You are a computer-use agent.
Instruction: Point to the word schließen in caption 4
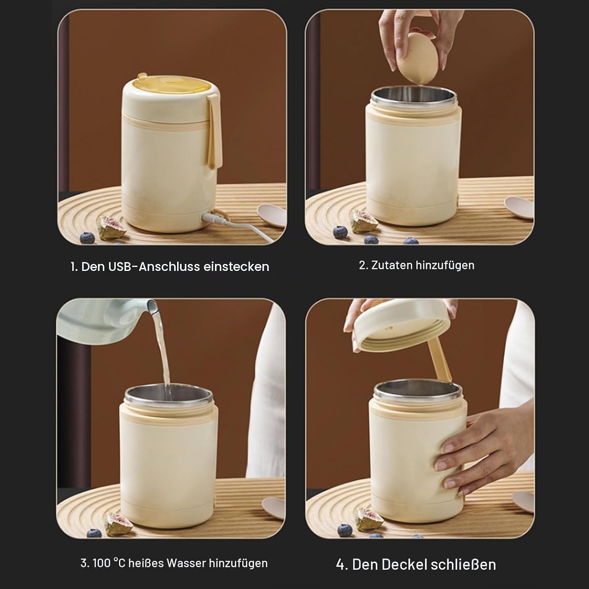[x=463, y=564]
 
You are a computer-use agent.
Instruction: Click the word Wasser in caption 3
[x=186, y=563]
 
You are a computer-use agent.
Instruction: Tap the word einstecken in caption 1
[x=236, y=267]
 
